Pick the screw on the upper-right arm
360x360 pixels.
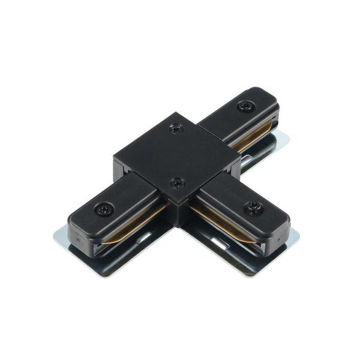coord(244,106)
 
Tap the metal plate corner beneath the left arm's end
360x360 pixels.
coord(60,235)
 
